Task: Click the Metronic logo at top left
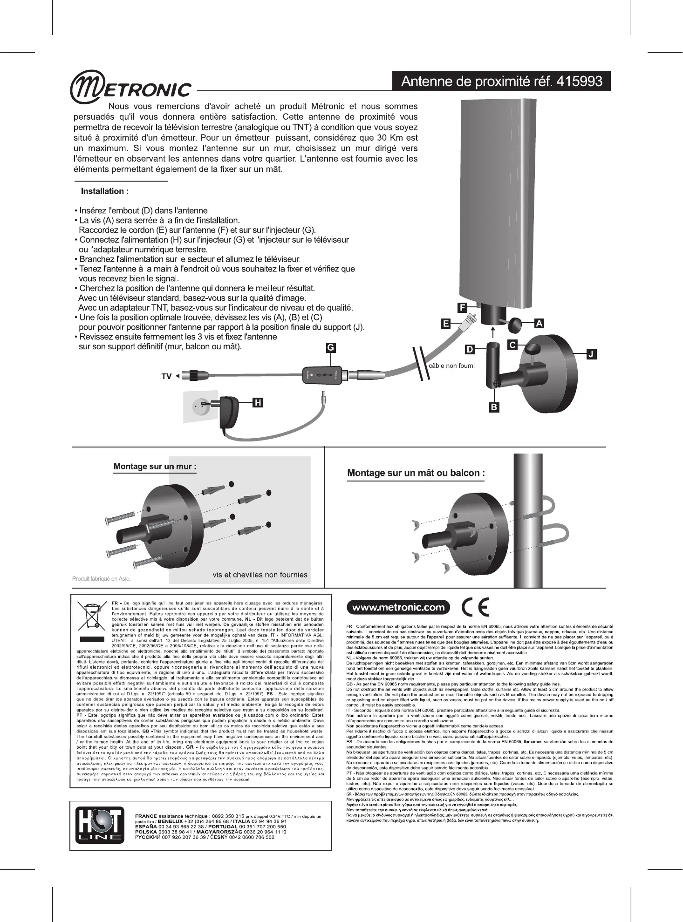130,88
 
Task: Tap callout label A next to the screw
539,324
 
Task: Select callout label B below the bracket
494,407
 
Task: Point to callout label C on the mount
512,345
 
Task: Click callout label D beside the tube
470,349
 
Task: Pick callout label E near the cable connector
446,324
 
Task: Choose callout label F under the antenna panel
462,308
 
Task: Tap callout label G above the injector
330,347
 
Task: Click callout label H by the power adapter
257,403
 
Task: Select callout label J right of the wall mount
591,354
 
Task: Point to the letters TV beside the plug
166,376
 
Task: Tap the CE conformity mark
475,607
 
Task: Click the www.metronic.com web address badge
398,607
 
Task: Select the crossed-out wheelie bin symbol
91,616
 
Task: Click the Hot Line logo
100,827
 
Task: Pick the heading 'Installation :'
105,191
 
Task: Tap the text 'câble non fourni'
451,366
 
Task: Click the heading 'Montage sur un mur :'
155,467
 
